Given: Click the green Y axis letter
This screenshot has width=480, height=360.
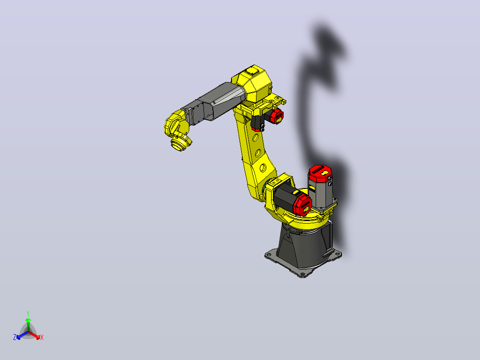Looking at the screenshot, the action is (x=28, y=313).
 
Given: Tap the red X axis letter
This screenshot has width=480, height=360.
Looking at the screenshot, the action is (x=42, y=337).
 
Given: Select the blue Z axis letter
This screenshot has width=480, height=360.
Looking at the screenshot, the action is (x=15, y=337).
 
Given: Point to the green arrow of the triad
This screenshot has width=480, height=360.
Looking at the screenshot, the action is (x=28, y=324).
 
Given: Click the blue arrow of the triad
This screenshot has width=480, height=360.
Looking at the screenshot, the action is (x=22, y=335).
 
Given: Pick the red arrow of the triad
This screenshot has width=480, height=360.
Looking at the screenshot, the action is (x=34, y=335).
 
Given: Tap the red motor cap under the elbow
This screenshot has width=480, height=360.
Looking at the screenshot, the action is (x=277, y=116).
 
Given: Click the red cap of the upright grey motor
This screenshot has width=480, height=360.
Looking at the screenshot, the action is (x=320, y=173).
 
